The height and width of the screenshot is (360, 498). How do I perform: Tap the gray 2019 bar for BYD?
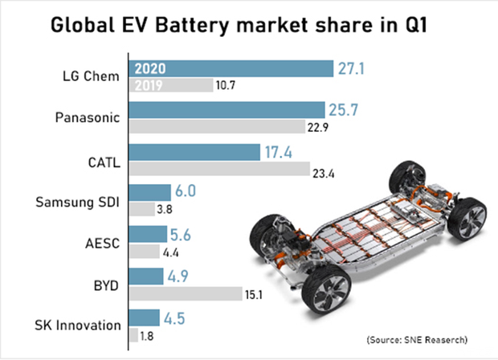[x=186, y=294]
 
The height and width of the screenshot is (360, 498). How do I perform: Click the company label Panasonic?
[x=86, y=117]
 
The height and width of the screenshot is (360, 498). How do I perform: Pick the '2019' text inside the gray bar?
[x=149, y=84]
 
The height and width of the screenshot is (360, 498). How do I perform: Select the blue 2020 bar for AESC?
[x=149, y=234]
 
